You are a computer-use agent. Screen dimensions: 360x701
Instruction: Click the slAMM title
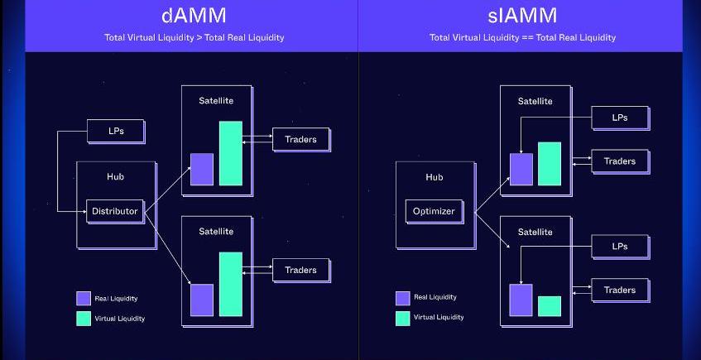tap(522, 17)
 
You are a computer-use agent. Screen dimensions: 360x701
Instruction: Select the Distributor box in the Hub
tap(115, 211)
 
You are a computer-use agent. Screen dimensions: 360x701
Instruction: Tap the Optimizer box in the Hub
tap(434, 211)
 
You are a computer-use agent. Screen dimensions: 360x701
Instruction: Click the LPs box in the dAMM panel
tap(116, 131)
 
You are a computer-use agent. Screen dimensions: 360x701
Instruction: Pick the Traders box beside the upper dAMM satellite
tap(300, 139)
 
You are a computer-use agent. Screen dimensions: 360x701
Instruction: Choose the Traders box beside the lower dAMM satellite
tap(300, 270)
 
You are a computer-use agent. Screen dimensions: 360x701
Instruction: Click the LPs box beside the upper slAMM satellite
tap(619, 118)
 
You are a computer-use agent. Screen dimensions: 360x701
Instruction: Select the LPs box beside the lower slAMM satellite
tap(619, 246)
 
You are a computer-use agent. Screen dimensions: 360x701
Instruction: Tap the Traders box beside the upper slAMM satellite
tap(619, 161)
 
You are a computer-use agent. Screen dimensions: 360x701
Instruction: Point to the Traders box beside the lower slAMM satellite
tap(619, 290)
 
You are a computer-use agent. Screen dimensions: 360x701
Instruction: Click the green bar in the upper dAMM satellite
tap(231, 153)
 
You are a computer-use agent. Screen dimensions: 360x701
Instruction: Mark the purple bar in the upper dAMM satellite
tap(202, 169)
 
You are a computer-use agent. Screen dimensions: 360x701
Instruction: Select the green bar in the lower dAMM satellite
tap(231, 284)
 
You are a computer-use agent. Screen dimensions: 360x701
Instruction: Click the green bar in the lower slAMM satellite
tap(550, 306)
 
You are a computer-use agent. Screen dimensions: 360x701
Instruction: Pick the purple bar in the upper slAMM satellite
tap(521, 169)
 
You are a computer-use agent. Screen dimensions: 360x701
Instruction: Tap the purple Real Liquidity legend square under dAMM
tap(84, 299)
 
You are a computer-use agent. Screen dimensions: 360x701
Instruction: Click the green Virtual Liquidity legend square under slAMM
tap(403, 318)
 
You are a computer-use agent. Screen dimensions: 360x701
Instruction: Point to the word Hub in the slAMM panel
tap(434, 177)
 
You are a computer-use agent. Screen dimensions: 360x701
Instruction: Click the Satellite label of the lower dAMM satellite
tap(216, 231)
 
